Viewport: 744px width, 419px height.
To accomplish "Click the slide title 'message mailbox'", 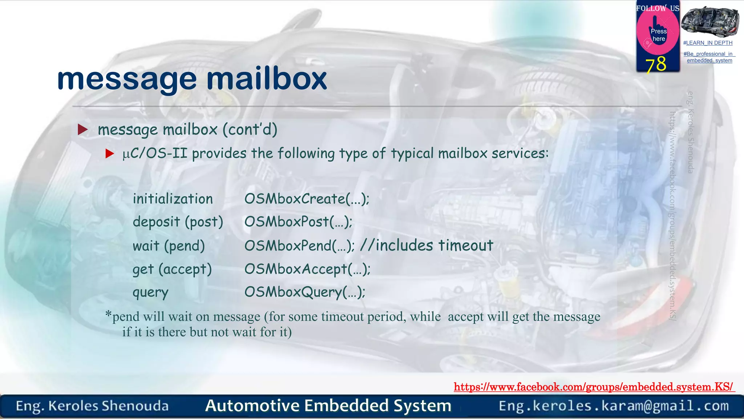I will tap(192, 79).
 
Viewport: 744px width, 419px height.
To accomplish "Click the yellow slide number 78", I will tap(656, 64).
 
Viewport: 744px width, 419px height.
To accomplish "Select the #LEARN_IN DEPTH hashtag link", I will tap(708, 43).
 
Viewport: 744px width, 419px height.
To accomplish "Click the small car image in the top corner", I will tap(710, 21).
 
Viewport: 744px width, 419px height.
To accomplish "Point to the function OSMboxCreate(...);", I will tap(307, 199).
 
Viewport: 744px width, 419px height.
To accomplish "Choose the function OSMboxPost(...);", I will tap(298, 222).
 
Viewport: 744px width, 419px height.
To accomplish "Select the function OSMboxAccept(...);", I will tap(307, 269).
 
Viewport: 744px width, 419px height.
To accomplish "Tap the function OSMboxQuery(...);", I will tap(305, 292).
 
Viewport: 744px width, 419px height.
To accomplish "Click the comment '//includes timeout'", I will tap(426, 246).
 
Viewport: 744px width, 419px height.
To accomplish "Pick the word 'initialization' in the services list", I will tap(173, 199).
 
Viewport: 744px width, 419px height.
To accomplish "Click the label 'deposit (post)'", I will tap(178, 222).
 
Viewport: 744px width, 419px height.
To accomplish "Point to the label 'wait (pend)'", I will tap(169, 246).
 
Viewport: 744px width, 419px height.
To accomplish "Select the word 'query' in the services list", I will tap(150, 292).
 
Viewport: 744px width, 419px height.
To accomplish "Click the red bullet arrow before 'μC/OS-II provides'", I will tap(110, 154).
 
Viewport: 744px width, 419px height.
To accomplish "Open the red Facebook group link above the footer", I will tap(594, 387).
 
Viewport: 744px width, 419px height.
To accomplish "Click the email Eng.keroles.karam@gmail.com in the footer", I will tap(614, 406).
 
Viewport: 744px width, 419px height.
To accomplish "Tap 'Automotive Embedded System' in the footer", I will tap(328, 406).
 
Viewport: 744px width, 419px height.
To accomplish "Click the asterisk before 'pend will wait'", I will tap(108, 314).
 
